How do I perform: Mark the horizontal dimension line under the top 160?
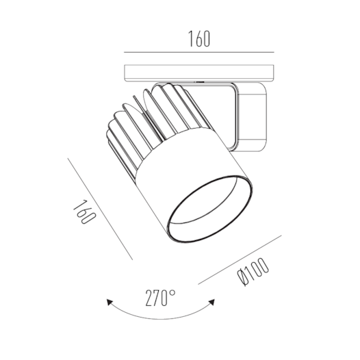click(198, 53)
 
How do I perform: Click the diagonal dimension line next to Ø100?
click(240, 260)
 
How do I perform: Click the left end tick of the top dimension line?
click(124, 53)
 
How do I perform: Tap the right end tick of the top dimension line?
click(273, 53)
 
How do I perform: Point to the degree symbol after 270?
click(173, 292)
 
